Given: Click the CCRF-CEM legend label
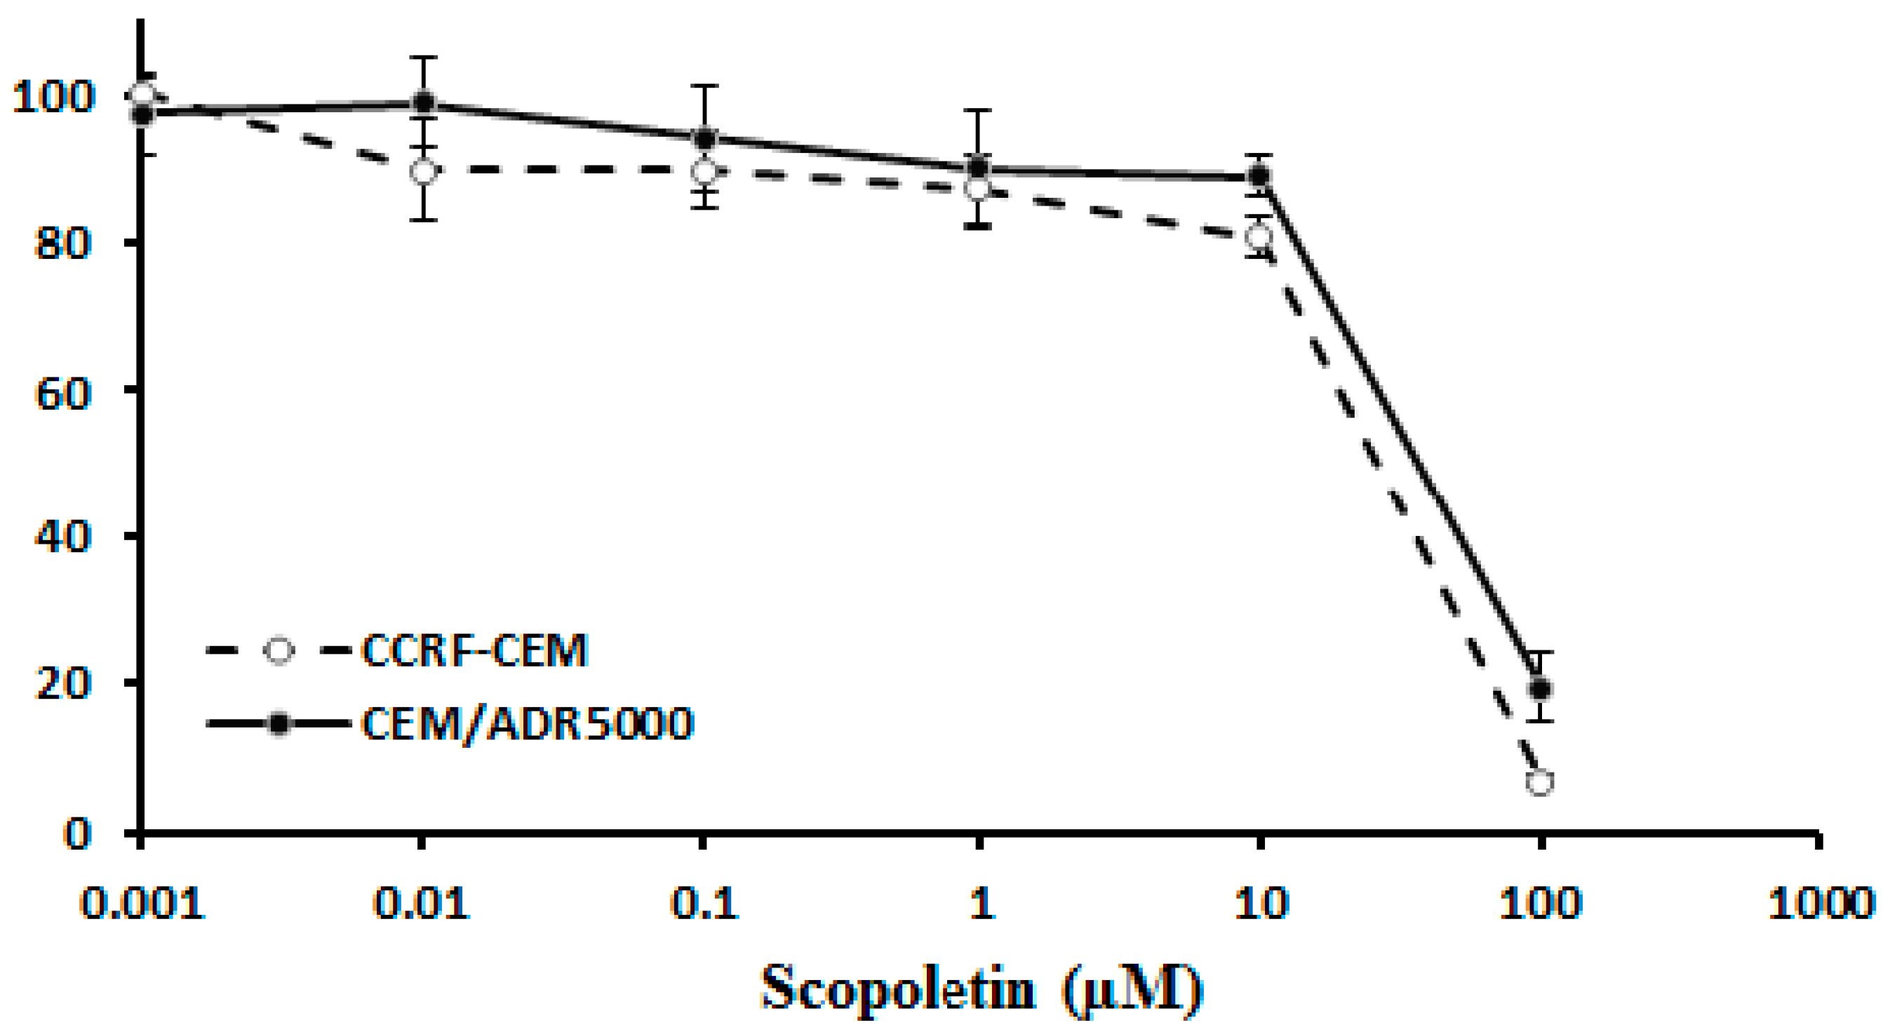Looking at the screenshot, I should pos(474,650).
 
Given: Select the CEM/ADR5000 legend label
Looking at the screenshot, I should pos(527,724).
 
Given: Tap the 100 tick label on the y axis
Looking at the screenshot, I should pos(54,98).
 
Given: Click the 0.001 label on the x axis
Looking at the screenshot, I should pos(141,904).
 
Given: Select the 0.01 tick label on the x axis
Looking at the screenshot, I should pos(422,904).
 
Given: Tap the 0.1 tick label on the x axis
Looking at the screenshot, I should pos(703,904).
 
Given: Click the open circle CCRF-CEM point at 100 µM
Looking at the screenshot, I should pos(1540,782).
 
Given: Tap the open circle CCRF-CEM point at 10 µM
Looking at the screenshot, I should pos(1259,236).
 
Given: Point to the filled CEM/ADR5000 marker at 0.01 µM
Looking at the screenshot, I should pos(423,102).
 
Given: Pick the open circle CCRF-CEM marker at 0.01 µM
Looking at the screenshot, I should pos(423,173).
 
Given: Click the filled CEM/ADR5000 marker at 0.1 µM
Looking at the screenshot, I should pos(704,138).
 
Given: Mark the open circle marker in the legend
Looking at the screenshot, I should pos(279,650).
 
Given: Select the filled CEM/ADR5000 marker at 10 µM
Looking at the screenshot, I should pos(1259,175).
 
